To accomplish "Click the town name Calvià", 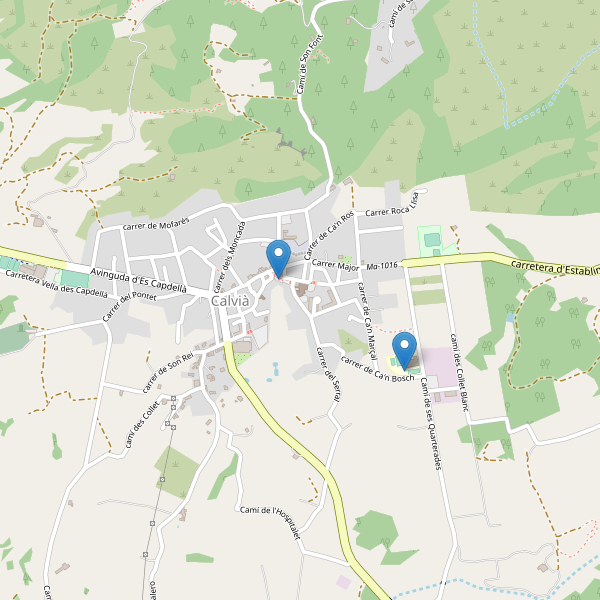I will tap(232, 301).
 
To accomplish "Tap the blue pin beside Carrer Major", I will tap(279, 259).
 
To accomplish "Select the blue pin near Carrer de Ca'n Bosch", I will tap(405, 350).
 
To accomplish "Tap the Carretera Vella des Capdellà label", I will tap(56, 284).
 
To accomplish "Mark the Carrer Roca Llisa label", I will tap(397, 211).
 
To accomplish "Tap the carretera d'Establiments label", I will tap(554, 267).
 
